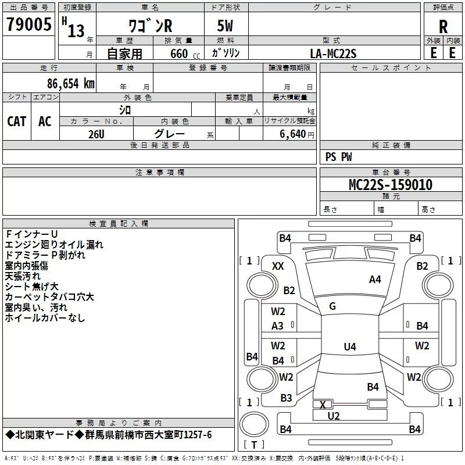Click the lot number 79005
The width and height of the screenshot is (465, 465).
(x=29, y=24)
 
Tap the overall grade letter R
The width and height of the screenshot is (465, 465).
(x=443, y=27)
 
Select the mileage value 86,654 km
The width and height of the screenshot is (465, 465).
(x=71, y=84)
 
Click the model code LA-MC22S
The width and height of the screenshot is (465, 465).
(x=333, y=53)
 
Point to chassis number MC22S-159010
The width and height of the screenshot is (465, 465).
(x=391, y=185)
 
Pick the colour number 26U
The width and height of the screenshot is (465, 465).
(x=96, y=134)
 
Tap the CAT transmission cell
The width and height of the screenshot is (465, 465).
(x=17, y=121)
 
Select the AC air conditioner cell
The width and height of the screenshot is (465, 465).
(x=45, y=121)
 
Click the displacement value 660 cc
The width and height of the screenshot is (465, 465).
(x=185, y=54)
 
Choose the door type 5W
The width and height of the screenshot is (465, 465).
(x=225, y=26)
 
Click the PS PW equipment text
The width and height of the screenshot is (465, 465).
(x=338, y=157)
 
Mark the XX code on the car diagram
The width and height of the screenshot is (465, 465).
(x=278, y=266)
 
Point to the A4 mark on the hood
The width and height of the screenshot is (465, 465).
(x=375, y=280)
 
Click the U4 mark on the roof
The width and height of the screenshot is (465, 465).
(x=350, y=346)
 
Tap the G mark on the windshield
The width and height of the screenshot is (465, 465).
(x=332, y=306)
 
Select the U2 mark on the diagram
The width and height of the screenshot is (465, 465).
(x=334, y=416)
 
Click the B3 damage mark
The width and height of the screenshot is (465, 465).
(x=286, y=398)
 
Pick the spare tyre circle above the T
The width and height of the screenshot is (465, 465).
(x=254, y=424)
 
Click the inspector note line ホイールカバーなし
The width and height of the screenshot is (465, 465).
(x=45, y=318)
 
